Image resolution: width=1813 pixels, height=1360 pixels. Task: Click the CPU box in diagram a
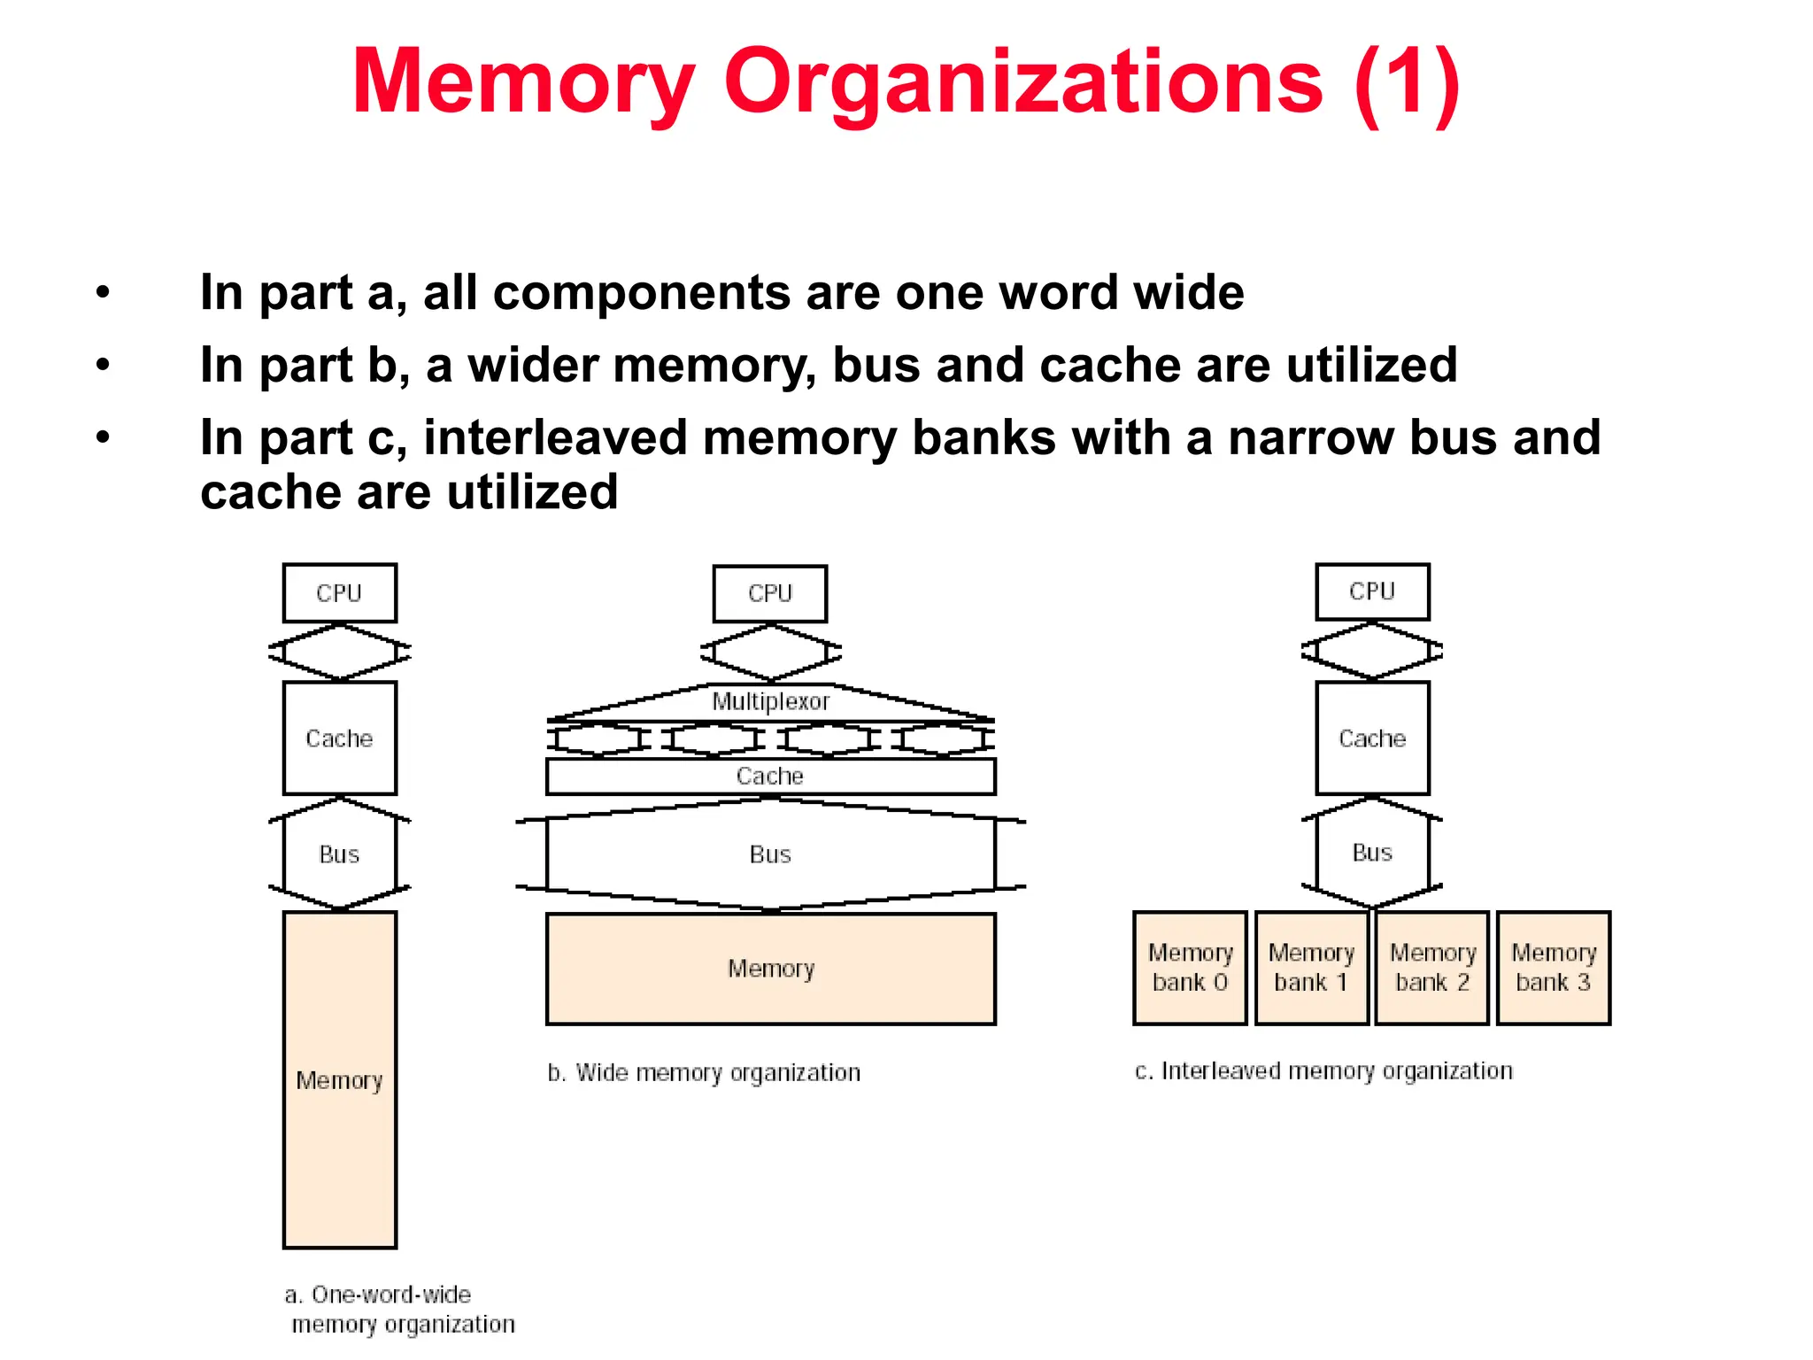pyautogui.click(x=339, y=592)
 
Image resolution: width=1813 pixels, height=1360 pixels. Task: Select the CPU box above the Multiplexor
pyautogui.click(x=769, y=593)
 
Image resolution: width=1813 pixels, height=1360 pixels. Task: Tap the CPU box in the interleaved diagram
pyautogui.click(x=1372, y=591)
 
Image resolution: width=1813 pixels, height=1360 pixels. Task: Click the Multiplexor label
pyautogui.click(x=770, y=701)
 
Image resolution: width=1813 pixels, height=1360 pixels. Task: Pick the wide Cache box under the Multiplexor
pyautogui.click(x=770, y=776)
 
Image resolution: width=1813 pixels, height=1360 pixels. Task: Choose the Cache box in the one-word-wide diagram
pyautogui.click(x=339, y=738)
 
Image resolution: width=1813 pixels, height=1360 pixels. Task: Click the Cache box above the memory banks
pyautogui.click(x=1372, y=738)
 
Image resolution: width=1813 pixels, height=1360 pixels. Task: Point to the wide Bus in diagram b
pyautogui.click(x=770, y=854)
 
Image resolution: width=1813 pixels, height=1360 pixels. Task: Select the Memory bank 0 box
pyautogui.click(x=1190, y=968)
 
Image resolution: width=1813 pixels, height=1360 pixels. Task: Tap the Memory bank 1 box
pyautogui.click(x=1311, y=968)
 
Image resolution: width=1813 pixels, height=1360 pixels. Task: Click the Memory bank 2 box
pyautogui.click(x=1432, y=968)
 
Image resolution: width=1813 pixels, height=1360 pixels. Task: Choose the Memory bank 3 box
pyautogui.click(x=1554, y=968)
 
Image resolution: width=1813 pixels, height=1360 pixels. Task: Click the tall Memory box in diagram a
pyautogui.click(x=339, y=1079)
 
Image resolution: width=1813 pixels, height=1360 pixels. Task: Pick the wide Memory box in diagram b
pyautogui.click(x=770, y=969)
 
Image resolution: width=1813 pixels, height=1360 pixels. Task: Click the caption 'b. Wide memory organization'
pyautogui.click(x=704, y=1073)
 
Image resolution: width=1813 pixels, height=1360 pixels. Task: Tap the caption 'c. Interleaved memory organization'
pyautogui.click(x=1323, y=1071)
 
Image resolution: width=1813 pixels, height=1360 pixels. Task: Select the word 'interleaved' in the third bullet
pyautogui.click(x=555, y=437)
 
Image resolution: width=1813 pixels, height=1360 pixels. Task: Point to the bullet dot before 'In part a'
pyautogui.click(x=104, y=292)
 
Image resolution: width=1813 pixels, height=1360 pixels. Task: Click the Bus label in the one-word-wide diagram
pyautogui.click(x=339, y=854)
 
